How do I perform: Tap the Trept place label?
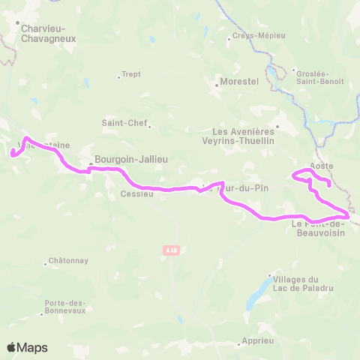(131, 75)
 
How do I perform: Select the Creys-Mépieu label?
(256, 34)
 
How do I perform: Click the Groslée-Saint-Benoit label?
(319, 77)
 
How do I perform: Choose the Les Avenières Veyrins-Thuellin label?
(238, 134)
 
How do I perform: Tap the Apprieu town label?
(257, 340)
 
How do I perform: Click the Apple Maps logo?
(28, 347)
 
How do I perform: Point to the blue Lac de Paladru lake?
(259, 293)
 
